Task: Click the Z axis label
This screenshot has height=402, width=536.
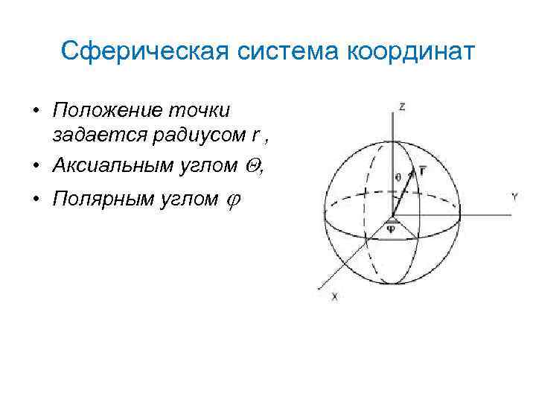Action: [x=402, y=107]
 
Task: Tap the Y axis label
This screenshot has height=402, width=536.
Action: [x=514, y=197]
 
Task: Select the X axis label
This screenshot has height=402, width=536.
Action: [x=334, y=296]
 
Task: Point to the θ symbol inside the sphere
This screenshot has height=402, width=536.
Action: [x=398, y=177]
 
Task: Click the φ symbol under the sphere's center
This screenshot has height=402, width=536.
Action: [x=391, y=229]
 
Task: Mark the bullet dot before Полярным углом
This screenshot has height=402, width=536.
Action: [x=35, y=199]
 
